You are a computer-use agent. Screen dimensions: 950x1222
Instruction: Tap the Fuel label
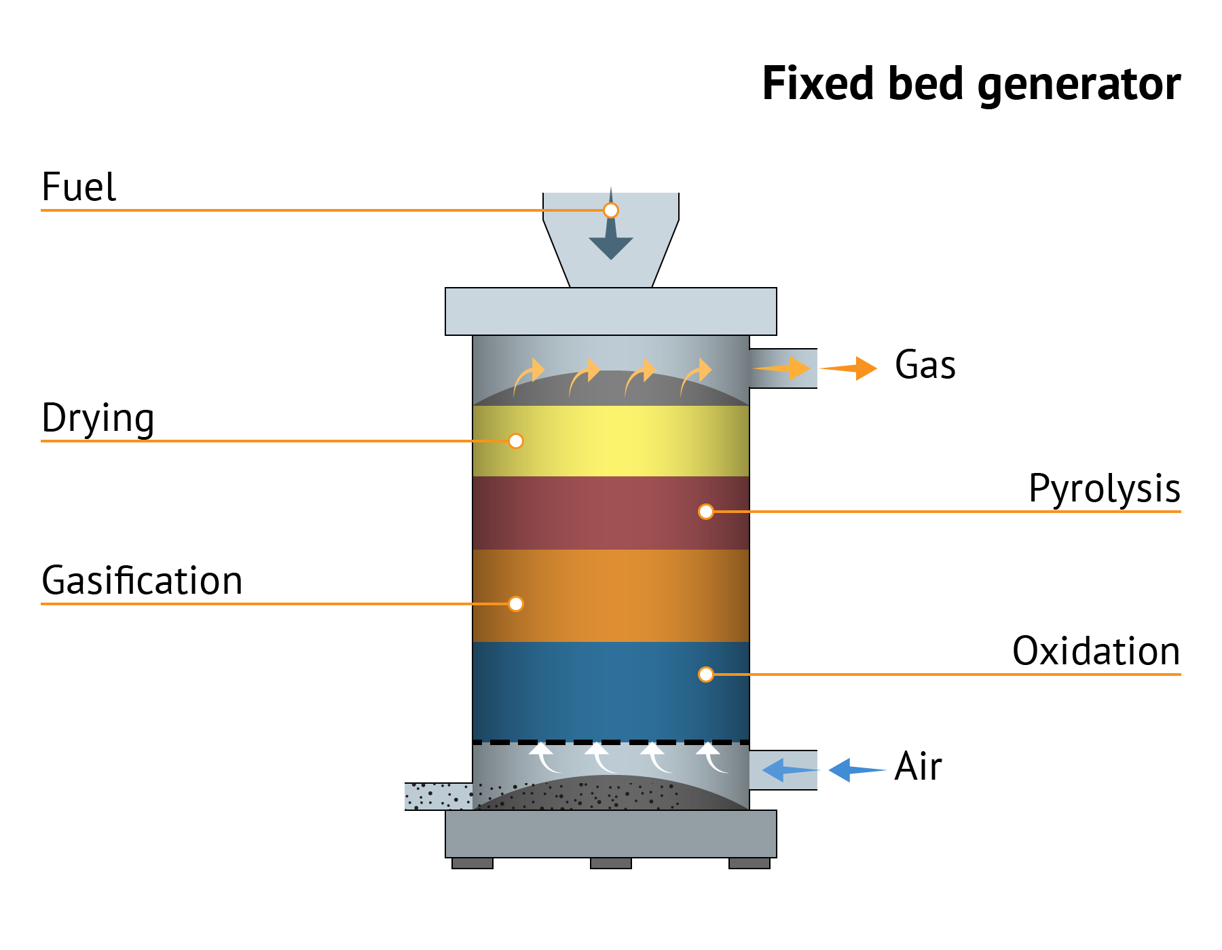79,187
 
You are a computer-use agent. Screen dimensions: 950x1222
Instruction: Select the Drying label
98,418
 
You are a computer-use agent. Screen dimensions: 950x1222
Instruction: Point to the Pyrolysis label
1104,489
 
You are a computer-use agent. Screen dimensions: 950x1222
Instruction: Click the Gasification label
142,581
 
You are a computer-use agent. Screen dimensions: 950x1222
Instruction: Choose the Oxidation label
1096,651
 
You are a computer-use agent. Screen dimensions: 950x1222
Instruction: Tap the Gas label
925,365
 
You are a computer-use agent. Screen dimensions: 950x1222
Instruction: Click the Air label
918,767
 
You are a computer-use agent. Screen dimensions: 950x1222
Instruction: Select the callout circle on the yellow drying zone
516,441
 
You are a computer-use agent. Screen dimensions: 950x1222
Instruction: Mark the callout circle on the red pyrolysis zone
706,512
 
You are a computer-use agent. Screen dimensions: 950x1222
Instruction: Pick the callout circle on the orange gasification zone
516,604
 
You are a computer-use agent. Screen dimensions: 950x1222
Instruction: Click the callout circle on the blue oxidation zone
706,674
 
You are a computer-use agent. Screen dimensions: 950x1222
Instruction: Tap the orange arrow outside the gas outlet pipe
851,368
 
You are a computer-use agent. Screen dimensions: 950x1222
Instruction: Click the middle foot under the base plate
611,863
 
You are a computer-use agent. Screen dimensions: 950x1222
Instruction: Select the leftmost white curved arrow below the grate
545,757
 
